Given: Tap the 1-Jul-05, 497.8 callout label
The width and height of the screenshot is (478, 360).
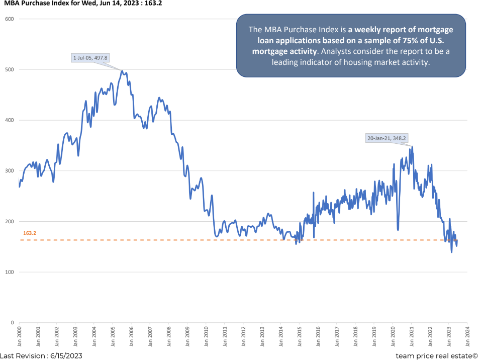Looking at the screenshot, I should click(95, 58).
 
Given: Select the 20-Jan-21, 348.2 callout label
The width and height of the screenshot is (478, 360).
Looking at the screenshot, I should click(386, 137).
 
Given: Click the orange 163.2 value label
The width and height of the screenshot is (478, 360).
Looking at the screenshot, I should click(30, 233).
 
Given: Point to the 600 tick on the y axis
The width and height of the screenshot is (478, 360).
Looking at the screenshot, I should click(9, 19).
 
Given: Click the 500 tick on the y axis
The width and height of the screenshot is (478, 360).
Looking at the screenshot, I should click(9, 70).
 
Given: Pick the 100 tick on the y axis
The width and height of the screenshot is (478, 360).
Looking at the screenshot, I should click(9, 272).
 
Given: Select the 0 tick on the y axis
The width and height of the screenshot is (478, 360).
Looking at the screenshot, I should click(12, 323).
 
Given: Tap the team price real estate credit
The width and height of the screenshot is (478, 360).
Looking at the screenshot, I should click(436, 355).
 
